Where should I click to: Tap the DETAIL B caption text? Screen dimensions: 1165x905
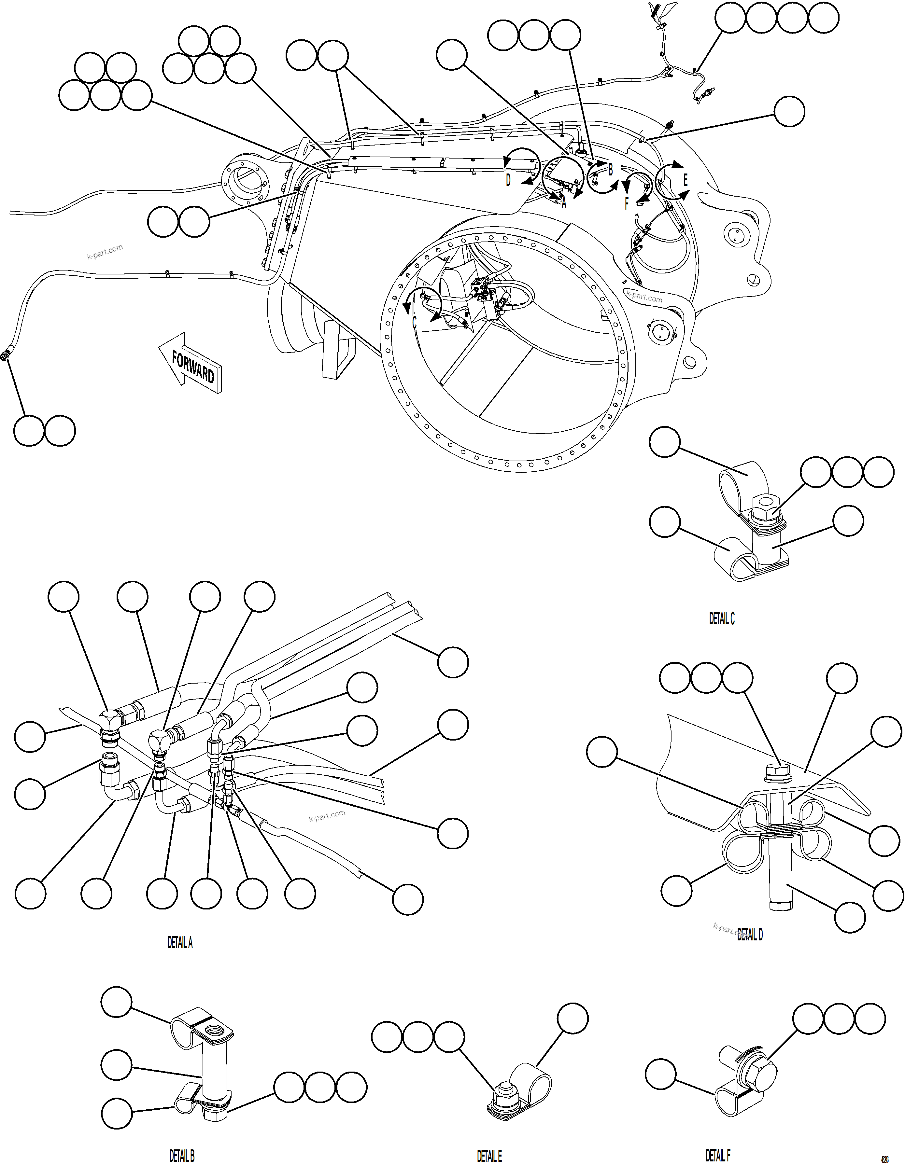pyautogui.click(x=182, y=1156)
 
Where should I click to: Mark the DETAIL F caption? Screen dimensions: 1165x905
pyautogui.click(x=718, y=1156)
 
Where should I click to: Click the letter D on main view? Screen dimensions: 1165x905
pyautogui.click(x=508, y=180)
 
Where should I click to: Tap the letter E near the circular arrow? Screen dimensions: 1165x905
pyautogui.click(x=686, y=180)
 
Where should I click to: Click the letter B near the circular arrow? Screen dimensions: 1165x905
pyautogui.click(x=611, y=170)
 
